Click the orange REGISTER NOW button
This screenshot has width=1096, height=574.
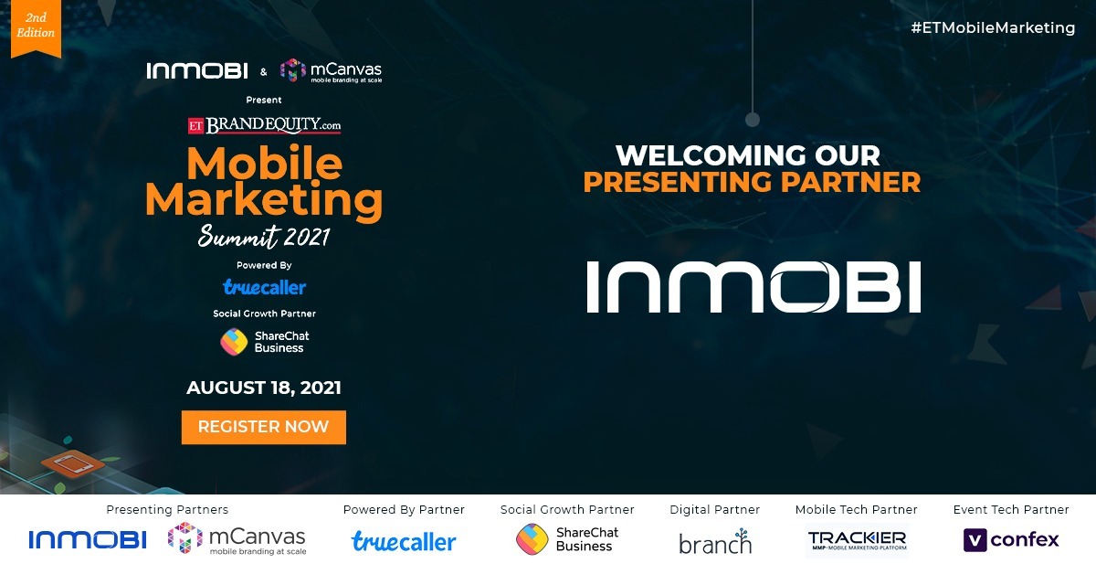[x=263, y=427]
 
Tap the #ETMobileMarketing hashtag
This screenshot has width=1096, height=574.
[x=993, y=28]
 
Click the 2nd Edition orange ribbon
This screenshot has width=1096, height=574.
[x=36, y=27]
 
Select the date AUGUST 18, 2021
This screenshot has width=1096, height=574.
[x=264, y=388]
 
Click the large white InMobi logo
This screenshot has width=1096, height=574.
[x=753, y=286]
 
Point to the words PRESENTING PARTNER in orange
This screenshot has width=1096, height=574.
[x=752, y=182]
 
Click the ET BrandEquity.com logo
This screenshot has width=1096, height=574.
[x=264, y=124]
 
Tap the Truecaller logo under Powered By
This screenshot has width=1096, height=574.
[x=264, y=287]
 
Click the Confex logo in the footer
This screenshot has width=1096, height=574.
[x=1011, y=540]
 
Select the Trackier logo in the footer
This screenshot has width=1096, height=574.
[x=857, y=540]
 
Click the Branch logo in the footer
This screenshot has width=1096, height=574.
[x=714, y=541]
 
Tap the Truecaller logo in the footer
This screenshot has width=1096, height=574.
[x=404, y=541]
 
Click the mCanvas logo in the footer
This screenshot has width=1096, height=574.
[x=237, y=539]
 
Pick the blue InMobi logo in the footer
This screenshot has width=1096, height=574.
[x=88, y=540]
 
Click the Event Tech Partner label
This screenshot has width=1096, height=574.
[x=1011, y=510]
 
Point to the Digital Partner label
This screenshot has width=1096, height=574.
[x=714, y=510]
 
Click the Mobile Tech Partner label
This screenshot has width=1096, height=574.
[x=856, y=510]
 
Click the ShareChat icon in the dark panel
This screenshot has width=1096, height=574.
[x=234, y=342]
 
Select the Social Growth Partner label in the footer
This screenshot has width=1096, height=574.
[x=567, y=510]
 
